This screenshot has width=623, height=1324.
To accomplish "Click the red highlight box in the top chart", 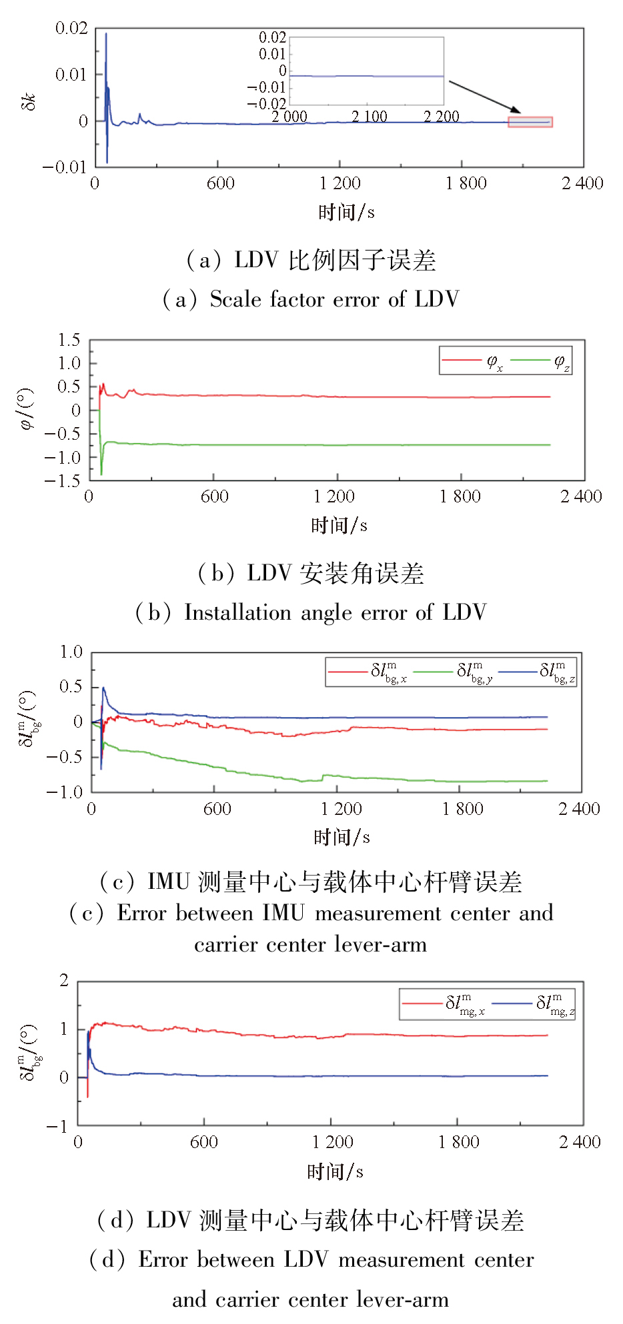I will tap(530, 122).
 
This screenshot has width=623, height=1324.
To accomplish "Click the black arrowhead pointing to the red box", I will tap(514, 109).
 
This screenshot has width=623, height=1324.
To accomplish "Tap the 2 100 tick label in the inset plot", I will tap(370, 117).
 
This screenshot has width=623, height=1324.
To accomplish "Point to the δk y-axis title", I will tap(28, 101).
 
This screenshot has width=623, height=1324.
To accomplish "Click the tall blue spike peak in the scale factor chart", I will tap(106, 34).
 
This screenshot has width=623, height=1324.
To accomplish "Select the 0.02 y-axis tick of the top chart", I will tap(71, 28).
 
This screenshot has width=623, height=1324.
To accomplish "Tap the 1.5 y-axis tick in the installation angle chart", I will tap(69, 340).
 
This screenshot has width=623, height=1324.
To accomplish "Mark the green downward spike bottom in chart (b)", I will tap(101, 474).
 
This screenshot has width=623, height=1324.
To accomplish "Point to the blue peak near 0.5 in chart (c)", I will tap(103, 688).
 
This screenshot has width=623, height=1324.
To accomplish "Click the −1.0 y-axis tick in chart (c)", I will tap(65, 792).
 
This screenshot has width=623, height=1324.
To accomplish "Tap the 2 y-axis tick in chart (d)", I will tap(64, 980).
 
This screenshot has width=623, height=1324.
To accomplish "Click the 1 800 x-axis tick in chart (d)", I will tap(458, 1142).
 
